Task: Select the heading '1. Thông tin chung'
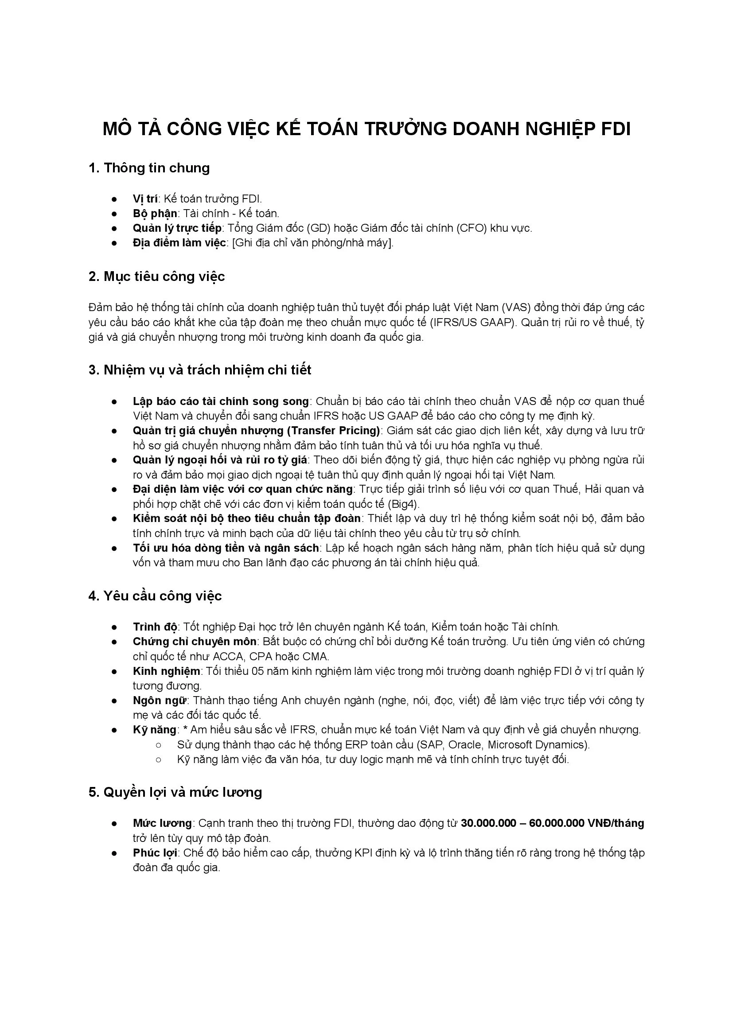[x=149, y=168]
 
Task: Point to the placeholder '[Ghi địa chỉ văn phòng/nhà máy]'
[x=312, y=243]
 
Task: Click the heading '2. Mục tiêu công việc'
[x=156, y=276]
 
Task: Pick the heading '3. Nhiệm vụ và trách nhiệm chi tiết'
[x=200, y=370]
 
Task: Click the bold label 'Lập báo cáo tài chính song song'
[x=221, y=401]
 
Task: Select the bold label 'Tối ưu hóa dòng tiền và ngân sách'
[x=226, y=548]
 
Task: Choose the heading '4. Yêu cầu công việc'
[x=155, y=596]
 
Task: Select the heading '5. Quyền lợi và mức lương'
[x=175, y=792]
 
